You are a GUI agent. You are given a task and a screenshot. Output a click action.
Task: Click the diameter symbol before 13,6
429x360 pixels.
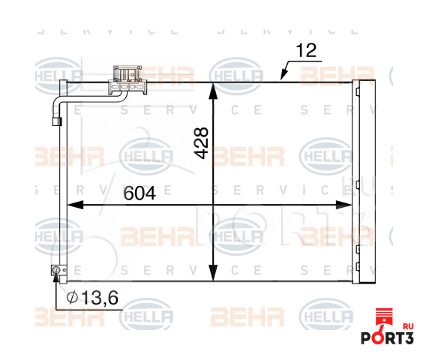click(72, 298)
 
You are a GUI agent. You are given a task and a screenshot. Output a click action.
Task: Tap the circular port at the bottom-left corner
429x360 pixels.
click(55, 271)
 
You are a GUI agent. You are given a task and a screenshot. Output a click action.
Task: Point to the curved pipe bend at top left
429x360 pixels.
click(60, 96)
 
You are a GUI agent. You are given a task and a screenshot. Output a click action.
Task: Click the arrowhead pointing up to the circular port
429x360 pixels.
click(55, 280)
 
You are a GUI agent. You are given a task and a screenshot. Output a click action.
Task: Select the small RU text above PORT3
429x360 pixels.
click(408, 325)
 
